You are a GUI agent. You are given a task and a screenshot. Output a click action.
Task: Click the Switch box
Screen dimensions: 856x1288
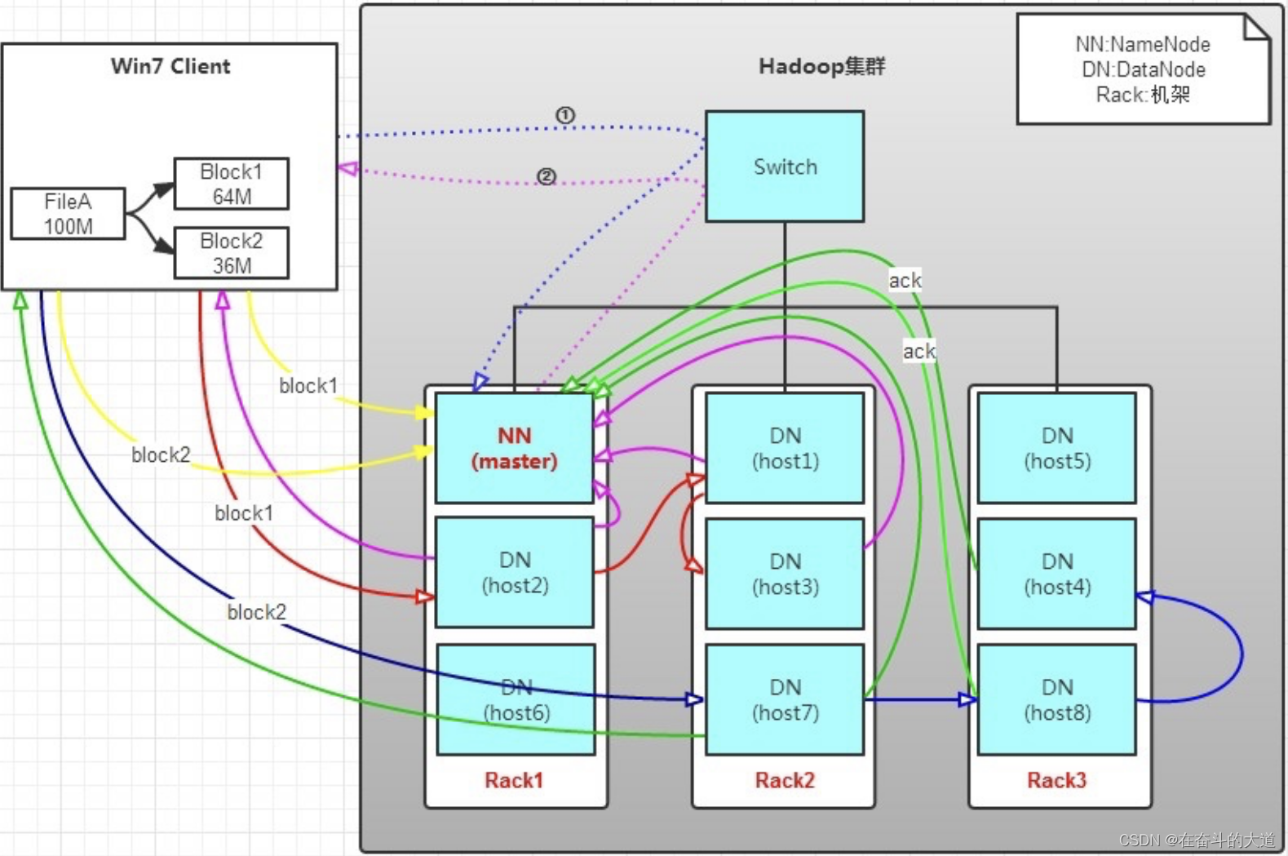pos(784,166)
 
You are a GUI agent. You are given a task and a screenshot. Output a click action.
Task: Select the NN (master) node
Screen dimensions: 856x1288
pos(514,448)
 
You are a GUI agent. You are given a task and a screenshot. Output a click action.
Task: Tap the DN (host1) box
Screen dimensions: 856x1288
pos(784,448)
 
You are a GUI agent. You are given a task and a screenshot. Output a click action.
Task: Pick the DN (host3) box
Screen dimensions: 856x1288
pos(784,574)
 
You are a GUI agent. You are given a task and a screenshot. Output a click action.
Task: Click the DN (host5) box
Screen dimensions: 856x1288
pos(1056,448)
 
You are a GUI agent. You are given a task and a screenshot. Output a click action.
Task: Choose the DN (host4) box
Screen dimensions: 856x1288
pos(1056,574)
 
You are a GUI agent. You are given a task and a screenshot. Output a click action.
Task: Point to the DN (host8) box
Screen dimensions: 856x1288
pos(1056,699)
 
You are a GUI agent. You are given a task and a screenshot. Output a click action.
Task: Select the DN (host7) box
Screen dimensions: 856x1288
pos(784,699)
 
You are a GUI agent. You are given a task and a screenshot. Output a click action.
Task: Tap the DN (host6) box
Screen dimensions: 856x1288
pos(516,699)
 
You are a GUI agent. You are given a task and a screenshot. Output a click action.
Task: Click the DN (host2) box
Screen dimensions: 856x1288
pos(514,572)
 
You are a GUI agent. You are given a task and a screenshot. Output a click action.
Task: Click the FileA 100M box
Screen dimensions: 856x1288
pos(68,214)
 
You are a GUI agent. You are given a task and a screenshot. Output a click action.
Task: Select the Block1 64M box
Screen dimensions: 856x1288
pos(231,184)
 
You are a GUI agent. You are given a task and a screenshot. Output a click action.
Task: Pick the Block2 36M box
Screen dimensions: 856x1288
pos(231,253)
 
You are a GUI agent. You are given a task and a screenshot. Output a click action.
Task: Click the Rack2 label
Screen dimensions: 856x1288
pos(784,780)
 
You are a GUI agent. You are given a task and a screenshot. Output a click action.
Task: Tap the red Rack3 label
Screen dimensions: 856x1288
pos(1056,780)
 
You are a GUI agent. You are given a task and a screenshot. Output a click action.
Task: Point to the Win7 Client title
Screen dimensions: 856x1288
pos(170,66)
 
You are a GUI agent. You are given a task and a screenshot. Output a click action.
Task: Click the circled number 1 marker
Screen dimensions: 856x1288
pos(564,115)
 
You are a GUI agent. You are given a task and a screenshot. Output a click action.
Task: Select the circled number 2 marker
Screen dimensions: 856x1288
pos(546,176)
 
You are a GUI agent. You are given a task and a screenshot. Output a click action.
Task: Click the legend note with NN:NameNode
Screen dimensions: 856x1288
pos(1142,69)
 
